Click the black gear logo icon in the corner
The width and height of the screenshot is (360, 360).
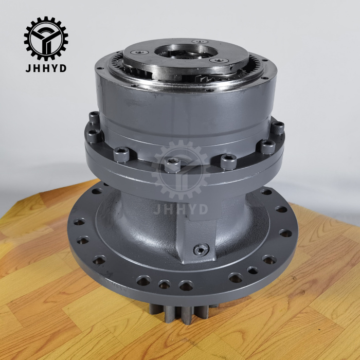[x=46, y=38]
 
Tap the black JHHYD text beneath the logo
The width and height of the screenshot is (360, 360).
[x=46, y=68]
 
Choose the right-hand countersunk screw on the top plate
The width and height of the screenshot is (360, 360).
[x=220, y=60]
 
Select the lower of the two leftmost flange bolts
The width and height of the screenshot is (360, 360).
[x=93, y=136]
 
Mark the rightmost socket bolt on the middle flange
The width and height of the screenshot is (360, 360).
[x=278, y=128]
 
